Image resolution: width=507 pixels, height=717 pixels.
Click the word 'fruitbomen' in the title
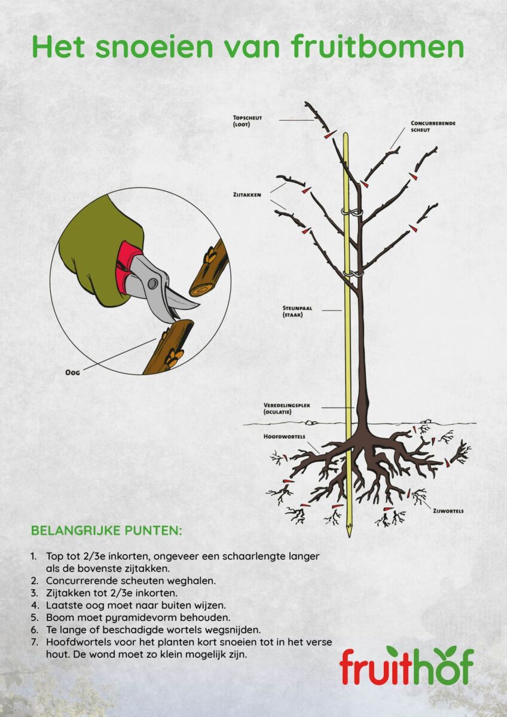[x=378, y=47]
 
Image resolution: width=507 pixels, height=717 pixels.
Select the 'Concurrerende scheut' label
[x=433, y=126]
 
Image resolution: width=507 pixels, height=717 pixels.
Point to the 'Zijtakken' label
[x=247, y=195]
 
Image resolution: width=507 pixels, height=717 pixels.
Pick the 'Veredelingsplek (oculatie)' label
[x=285, y=408]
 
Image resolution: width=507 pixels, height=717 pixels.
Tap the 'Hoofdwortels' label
[x=284, y=437]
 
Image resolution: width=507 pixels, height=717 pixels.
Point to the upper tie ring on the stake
[x=347, y=212]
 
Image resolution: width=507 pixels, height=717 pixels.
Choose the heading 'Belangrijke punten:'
[x=106, y=531]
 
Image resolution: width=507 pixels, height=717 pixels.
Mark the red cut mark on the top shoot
[x=327, y=136]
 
